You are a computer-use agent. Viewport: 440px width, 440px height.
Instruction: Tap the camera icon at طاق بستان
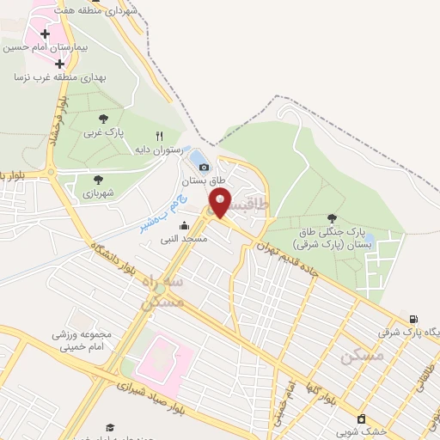click(204, 167)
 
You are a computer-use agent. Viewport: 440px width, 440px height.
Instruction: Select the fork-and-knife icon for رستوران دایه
click(159, 136)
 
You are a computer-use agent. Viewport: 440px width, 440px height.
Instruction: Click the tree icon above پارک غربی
click(104, 119)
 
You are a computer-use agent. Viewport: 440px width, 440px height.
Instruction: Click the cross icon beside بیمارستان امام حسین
click(44, 34)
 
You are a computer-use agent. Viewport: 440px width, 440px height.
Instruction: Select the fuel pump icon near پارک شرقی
click(415, 319)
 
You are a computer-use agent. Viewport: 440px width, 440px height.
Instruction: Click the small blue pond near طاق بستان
click(199, 156)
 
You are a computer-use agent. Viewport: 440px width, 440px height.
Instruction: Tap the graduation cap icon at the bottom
click(109, 427)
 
